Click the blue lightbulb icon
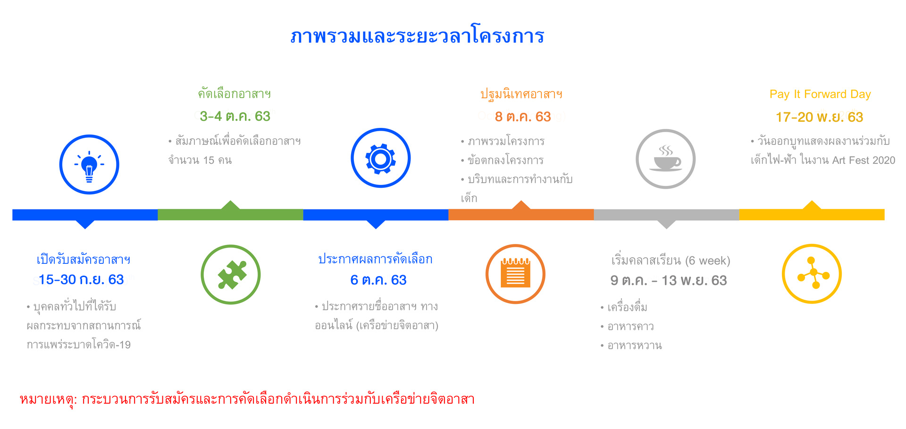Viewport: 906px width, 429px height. click(x=89, y=165)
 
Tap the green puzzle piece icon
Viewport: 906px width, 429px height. click(x=231, y=275)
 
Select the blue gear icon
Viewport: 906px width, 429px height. click(x=381, y=158)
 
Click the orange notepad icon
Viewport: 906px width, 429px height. click(x=515, y=274)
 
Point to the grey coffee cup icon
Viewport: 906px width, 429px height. click(x=666, y=159)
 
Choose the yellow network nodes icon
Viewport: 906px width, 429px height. click(x=812, y=274)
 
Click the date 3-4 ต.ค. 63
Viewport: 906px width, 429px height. click(x=235, y=116)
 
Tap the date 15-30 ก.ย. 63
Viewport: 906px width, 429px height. click(x=81, y=279)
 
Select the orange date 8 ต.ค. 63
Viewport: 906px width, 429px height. click(x=523, y=117)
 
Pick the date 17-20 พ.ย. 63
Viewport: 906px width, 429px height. click(x=820, y=117)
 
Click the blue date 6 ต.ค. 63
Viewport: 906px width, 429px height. click(x=378, y=280)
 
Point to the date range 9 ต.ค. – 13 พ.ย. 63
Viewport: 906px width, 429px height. click(x=669, y=280)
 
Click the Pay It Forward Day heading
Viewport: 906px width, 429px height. click(x=820, y=94)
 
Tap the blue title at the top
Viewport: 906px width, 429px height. click(x=418, y=36)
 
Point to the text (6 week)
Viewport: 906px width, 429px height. click(x=708, y=261)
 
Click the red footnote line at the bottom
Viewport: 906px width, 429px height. click(x=247, y=399)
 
